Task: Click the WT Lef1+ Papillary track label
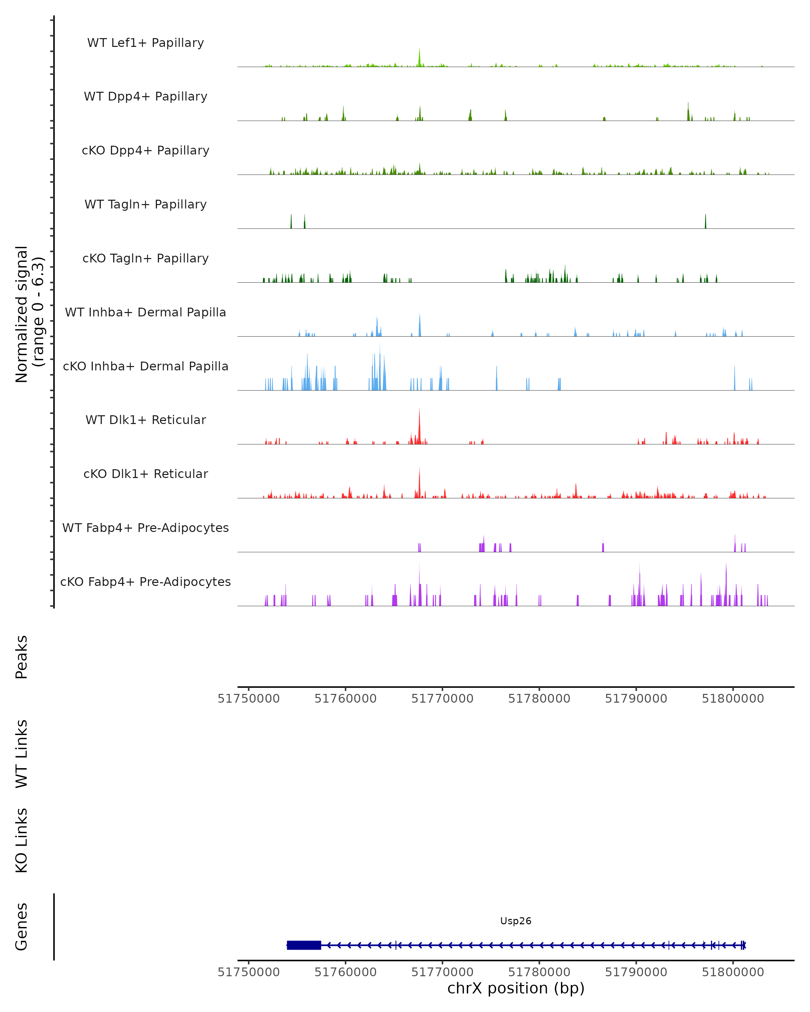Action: pyautogui.click(x=145, y=43)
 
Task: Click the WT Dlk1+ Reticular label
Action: pyautogui.click(x=145, y=420)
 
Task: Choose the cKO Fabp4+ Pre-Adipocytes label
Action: pyautogui.click(x=145, y=582)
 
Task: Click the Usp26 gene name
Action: pyautogui.click(x=516, y=921)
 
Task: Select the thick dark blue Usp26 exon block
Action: pyautogui.click(x=304, y=945)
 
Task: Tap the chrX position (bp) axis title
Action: pyautogui.click(x=516, y=988)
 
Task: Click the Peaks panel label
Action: pyautogui.click(x=22, y=657)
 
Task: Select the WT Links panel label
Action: pyautogui.click(x=22, y=753)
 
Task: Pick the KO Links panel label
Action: pyautogui.click(x=22, y=840)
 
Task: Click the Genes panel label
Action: pyautogui.click(x=22, y=927)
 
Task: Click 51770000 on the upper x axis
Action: pyautogui.click(x=442, y=699)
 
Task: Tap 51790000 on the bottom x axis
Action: pyautogui.click(x=636, y=972)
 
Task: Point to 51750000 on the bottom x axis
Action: pyautogui.click(x=248, y=972)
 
